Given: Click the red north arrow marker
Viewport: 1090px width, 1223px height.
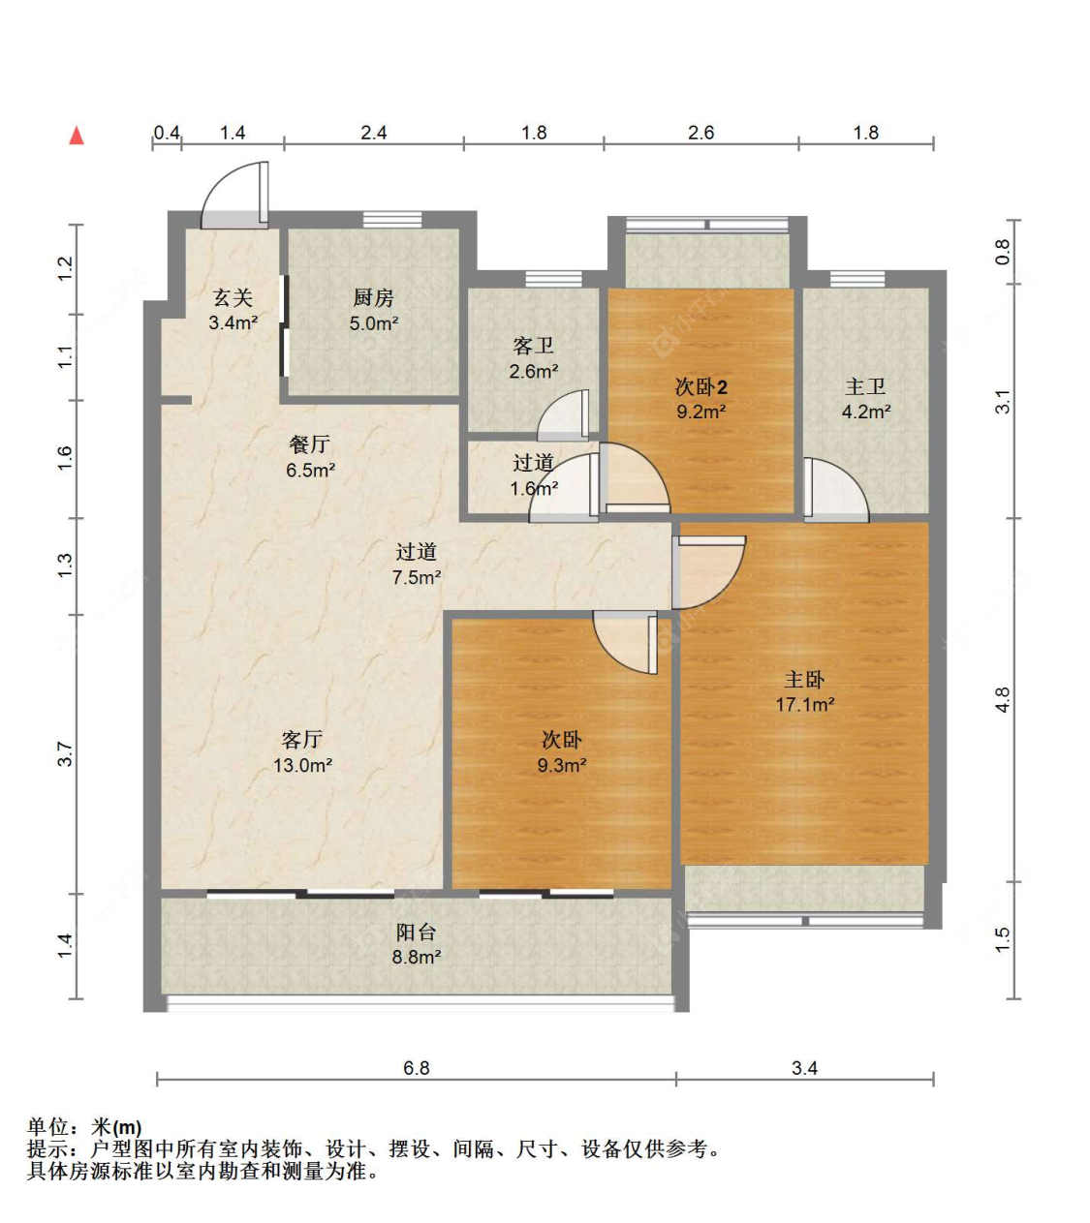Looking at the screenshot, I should pyautogui.click(x=77, y=136).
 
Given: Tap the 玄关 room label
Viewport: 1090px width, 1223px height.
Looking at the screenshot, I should pyautogui.click(x=233, y=298).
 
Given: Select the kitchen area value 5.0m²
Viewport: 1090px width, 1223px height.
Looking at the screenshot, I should pyautogui.click(x=374, y=323).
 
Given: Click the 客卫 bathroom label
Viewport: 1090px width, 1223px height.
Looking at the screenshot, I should pyautogui.click(x=533, y=346).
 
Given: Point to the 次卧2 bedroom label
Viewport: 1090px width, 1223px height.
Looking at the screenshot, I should pyautogui.click(x=701, y=387).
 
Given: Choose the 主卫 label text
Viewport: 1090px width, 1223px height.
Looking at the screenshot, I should pyautogui.click(x=865, y=387).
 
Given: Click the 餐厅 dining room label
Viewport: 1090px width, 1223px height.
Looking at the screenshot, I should pyautogui.click(x=310, y=444).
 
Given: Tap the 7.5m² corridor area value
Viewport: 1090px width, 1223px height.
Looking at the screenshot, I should pyautogui.click(x=417, y=577).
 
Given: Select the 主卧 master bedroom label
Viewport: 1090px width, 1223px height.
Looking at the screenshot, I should pyautogui.click(x=804, y=680).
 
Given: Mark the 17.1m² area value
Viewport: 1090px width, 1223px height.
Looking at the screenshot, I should pyautogui.click(x=804, y=705).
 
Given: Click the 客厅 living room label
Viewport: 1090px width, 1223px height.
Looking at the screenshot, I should pyautogui.click(x=302, y=740).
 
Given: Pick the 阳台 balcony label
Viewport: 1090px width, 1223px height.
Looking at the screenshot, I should pyautogui.click(x=417, y=933).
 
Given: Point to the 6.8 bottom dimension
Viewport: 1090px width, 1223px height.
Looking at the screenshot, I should pyautogui.click(x=417, y=1068).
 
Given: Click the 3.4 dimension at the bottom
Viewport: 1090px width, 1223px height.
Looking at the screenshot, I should pyautogui.click(x=804, y=1068).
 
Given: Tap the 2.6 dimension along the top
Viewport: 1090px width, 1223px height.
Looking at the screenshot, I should pyautogui.click(x=701, y=133).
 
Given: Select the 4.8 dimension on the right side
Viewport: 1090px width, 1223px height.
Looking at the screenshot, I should pyautogui.click(x=1003, y=699).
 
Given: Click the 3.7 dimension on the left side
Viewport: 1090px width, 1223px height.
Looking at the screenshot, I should pyautogui.click(x=65, y=753).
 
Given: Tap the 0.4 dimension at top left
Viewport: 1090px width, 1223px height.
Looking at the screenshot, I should pyautogui.click(x=167, y=133).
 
